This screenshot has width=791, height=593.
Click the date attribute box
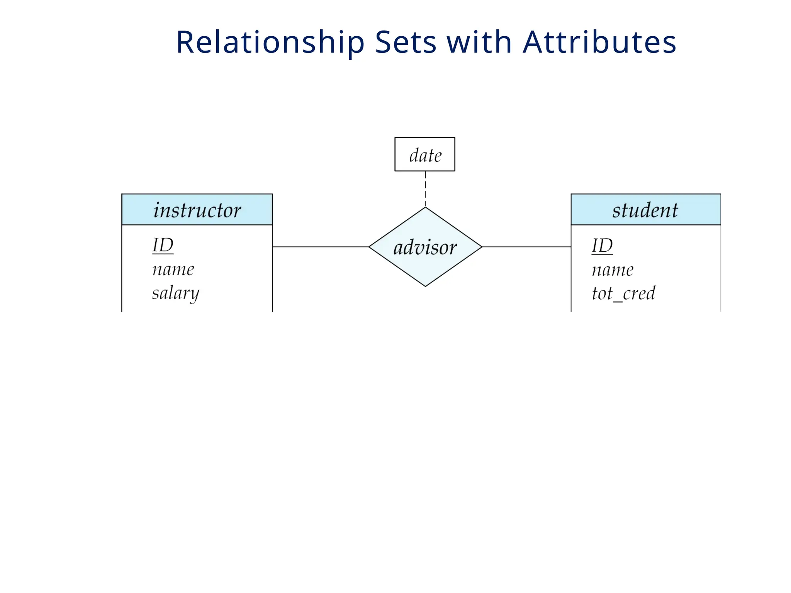pos(424,154)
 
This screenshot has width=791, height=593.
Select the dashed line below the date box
pos(425,189)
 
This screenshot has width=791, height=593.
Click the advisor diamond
pos(425,247)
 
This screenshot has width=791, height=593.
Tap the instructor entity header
pos(197,210)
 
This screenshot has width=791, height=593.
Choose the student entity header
pos(645,210)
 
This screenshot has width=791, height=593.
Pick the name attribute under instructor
pos(173,269)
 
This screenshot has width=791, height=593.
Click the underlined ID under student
pos(602,246)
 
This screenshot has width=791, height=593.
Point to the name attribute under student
pos(613,270)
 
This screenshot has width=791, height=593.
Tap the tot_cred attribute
pos(623,293)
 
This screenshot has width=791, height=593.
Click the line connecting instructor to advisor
pos(321,247)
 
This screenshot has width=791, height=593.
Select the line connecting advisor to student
pos(526,247)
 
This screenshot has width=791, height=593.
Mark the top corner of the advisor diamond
pos(425,208)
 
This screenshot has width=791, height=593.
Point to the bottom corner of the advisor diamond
pos(425,286)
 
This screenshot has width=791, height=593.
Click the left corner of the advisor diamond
pos(370,247)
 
